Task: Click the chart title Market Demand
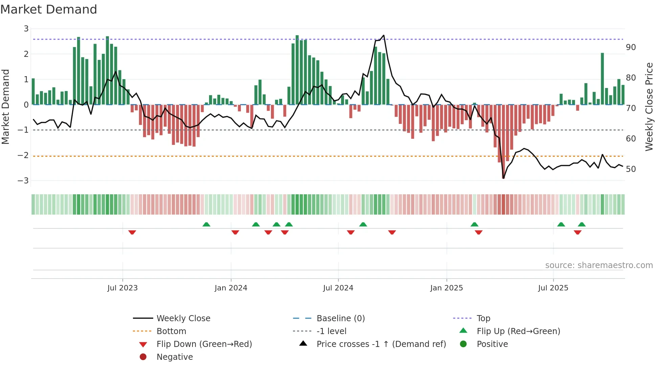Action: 49,9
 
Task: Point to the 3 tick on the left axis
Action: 26,29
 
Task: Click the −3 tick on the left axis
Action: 23,181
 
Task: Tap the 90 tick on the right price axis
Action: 631,47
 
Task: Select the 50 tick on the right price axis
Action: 631,169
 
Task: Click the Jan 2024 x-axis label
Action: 231,288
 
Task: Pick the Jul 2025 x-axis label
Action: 553,288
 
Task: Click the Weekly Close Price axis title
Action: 649,107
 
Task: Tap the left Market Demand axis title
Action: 5,107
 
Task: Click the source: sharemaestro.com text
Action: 599,265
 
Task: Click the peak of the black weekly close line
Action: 383,35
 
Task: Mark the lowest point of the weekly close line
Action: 503,178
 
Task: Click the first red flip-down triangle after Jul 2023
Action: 132,233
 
